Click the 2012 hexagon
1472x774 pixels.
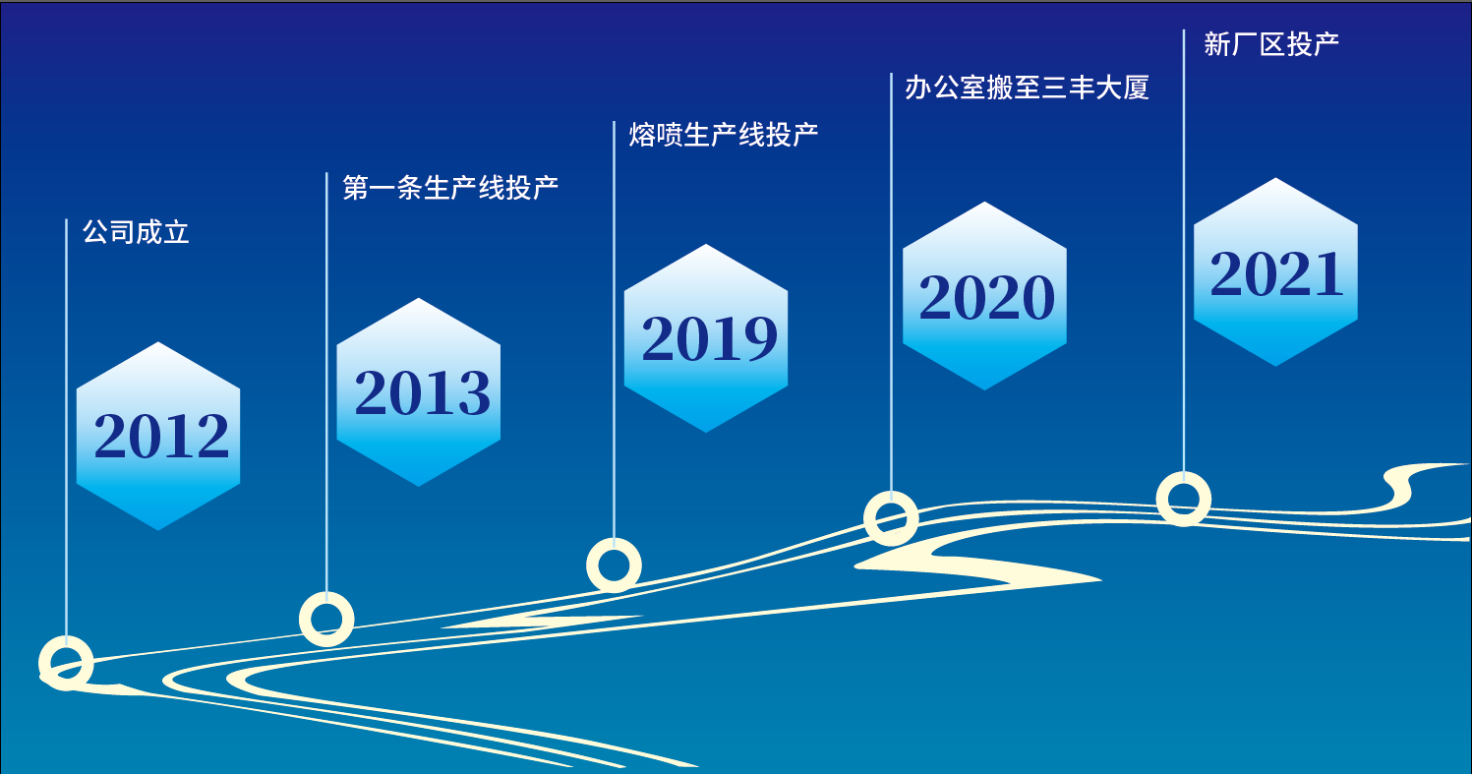click(x=158, y=436)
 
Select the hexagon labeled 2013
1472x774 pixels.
click(x=419, y=392)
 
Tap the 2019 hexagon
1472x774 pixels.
click(x=706, y=338)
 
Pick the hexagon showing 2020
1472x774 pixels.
click(x=984, y=296)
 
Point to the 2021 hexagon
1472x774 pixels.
click(x=1275, y=272)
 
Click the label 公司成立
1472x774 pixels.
click(x=136, y=232)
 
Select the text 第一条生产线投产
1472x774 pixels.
click(x=450, y=187)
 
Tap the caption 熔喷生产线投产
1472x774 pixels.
click(x=724, y=135)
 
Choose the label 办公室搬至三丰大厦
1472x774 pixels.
click(x=1028, y=88)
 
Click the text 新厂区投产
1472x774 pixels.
click(x=1271, y=44)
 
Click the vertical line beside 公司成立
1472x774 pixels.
click(x=66, y=427)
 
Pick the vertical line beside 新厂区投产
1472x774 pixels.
click(x=1184, y=251)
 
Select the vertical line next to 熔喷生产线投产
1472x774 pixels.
click(x=614, y=329)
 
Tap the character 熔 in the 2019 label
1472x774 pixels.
click(x=642, y=135)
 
